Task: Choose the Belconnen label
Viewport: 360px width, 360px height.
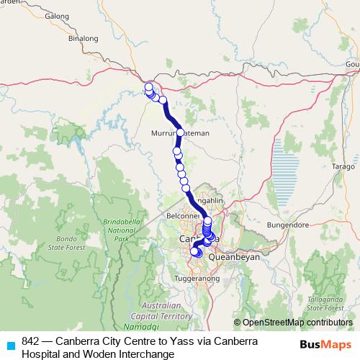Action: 182,215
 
